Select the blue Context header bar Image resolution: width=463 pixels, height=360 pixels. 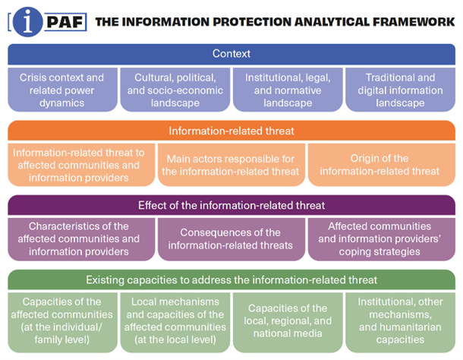[231, 55]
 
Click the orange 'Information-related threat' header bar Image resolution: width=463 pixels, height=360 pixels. [231, 131]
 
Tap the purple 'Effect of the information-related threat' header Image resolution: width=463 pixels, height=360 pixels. [231, 205]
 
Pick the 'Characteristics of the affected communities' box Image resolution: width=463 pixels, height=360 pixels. [81, 239]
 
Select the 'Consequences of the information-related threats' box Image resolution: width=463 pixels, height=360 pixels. [231, 239]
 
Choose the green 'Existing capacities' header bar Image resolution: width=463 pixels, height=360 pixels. [231, 279]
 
